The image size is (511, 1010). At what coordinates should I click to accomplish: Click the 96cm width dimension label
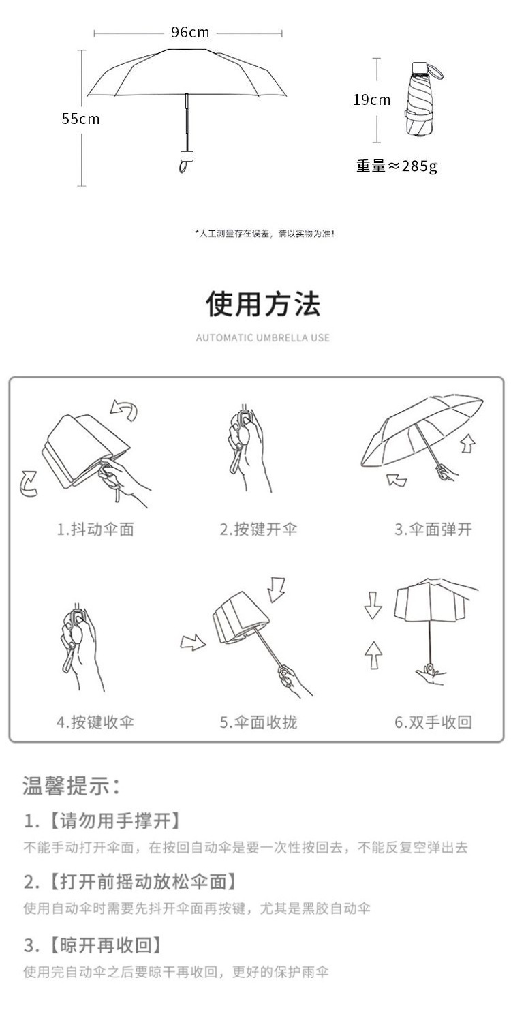189,33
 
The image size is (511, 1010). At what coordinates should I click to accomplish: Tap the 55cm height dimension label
80,119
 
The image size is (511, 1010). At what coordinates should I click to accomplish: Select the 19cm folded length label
371,100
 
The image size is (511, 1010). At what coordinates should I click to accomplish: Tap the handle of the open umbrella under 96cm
185,160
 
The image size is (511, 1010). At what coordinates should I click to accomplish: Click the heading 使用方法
263,304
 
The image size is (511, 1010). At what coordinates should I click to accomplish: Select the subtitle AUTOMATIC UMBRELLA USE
263,338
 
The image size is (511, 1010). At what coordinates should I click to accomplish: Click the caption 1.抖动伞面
95,530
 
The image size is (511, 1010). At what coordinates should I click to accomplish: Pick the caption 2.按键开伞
258,530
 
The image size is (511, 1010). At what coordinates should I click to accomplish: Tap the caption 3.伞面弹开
433,530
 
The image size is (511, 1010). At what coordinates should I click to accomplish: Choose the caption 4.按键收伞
95,722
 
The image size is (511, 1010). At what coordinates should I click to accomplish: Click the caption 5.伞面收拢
258,722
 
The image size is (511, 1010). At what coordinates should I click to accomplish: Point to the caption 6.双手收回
433,722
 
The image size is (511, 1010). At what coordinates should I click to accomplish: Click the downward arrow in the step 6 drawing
373,607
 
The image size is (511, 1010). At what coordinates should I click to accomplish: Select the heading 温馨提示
72,786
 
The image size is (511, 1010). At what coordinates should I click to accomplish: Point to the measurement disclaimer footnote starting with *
265,234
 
